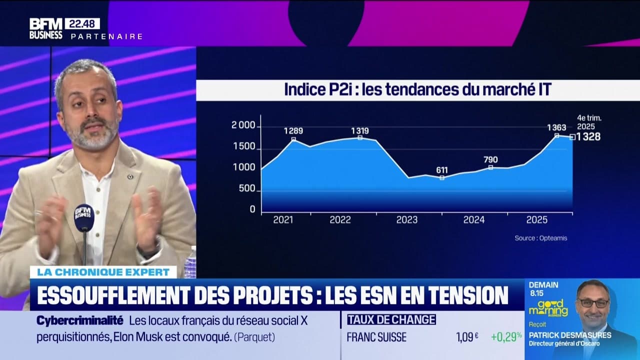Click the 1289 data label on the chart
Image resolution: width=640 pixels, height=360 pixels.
(x=293, y=131)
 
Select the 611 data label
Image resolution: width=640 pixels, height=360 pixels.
(x=441, y=170)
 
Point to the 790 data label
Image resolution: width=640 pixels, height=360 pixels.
(x=490, y=160)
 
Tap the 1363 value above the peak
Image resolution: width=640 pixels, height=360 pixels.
(x=556, y=127)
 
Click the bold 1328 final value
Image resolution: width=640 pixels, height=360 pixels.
(x=588, y=136)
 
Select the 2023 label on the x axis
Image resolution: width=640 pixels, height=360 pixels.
(x=407, y=220)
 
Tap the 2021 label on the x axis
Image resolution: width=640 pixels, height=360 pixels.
(x=283, y=220)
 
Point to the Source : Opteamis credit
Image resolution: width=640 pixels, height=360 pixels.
(x=541, y=238)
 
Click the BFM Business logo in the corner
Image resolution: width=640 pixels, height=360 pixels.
(x=45, y=28)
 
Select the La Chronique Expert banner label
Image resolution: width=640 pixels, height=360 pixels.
(x=103, y=272)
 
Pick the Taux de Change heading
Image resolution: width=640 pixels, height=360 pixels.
(x=391, y=319)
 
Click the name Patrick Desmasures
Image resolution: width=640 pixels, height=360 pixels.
(x=570, y=335)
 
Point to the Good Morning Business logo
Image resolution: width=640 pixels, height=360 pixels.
(x=548, y=307)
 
